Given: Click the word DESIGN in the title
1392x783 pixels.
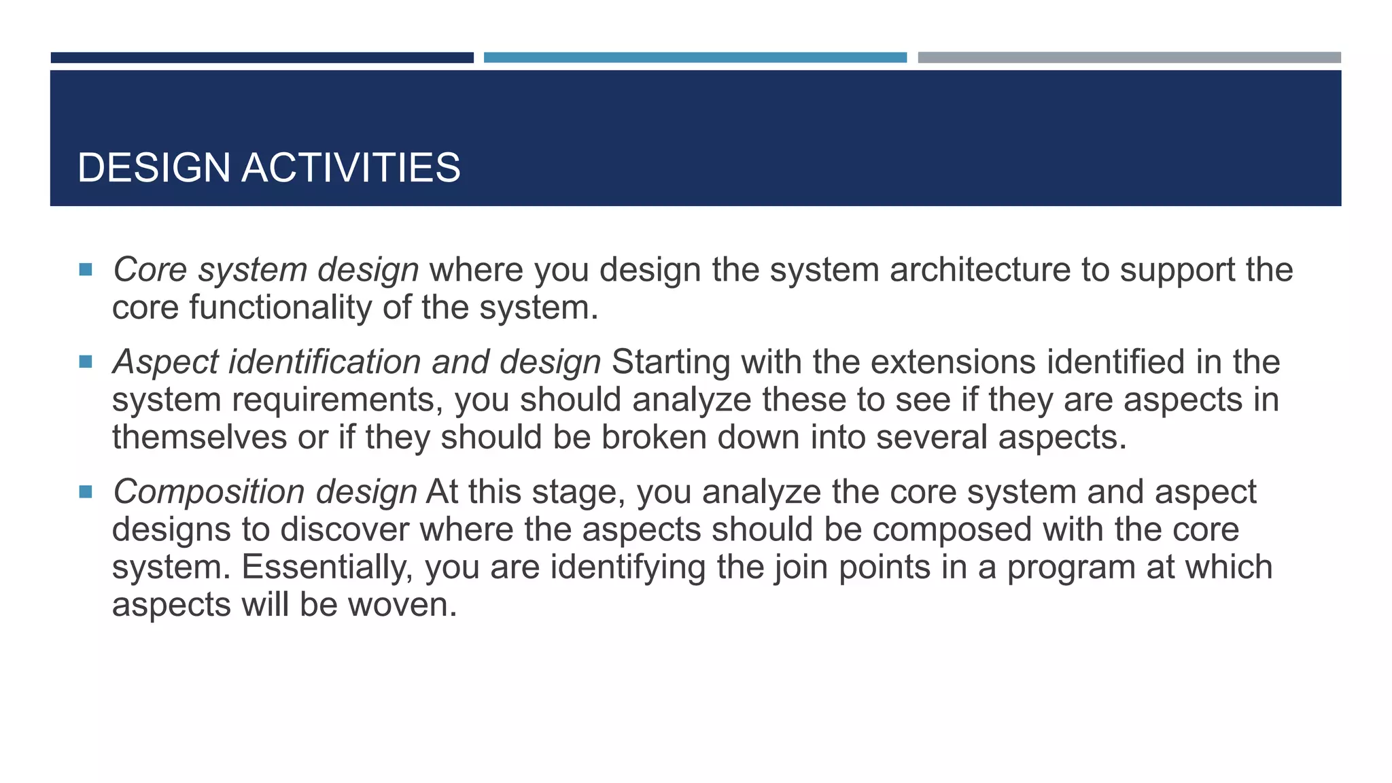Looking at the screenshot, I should pyautogui.click(x=154, y=168).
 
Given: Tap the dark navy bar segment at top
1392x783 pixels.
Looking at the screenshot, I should pyautogui.click(x=262, y=58).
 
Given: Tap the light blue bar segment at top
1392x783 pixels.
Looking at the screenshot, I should pyautogui.click(x=695, y=58).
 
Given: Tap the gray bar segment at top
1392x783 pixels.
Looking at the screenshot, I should pyautogui.click(x=1129, y=58).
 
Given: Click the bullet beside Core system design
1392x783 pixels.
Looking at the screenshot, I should pyautogui.click(x=86, y=270).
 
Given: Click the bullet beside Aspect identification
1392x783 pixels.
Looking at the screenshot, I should pyautogui.click(x=86, y=362).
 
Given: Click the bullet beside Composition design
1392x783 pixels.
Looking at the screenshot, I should pyautogui.click(x=86, y=491).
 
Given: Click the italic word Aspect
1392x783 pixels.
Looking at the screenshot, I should pyautogui.click(x=165, y=362).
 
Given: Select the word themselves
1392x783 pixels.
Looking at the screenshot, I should pyautogui.click(x=199, y=437).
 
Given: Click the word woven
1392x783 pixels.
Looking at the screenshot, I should pyautogui.click(x=402, y=604).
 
